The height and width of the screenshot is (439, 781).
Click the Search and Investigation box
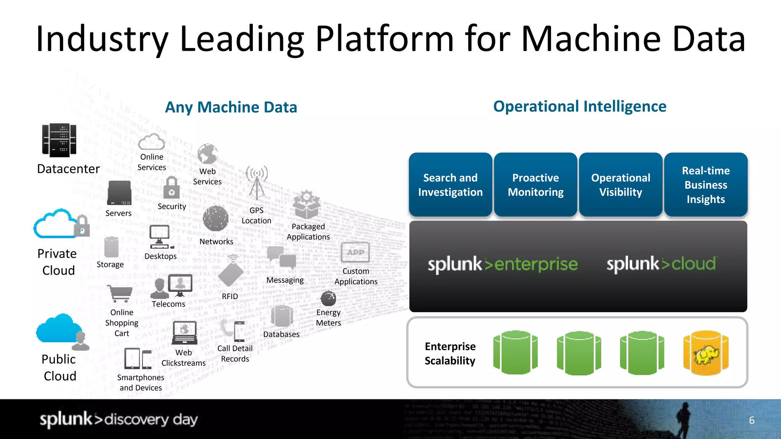[450, 185]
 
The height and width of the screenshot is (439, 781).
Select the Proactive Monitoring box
[535, 185]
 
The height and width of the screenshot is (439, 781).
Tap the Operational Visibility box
[620, 185]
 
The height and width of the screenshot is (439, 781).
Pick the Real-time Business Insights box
[705, 185]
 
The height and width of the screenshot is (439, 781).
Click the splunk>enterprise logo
[503, 264]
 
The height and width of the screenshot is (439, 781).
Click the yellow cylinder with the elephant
[706, 353]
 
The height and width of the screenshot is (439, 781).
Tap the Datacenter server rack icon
[59, 140]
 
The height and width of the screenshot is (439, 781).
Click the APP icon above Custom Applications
[355, 252]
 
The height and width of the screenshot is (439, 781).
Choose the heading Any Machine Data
[231, 107]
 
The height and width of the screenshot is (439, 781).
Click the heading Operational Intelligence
[579, 106]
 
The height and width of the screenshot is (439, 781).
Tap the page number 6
[752, 420]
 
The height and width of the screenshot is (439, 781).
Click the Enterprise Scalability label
[450, 353]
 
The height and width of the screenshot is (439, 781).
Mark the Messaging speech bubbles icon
[282, 258]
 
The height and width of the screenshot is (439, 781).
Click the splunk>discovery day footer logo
[119, 419]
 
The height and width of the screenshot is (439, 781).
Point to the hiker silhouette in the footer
[683, 419]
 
